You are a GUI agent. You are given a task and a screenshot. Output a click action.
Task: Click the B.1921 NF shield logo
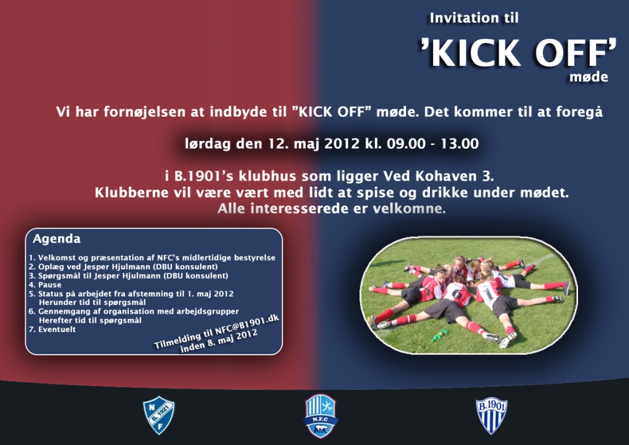click(x=159, y=415)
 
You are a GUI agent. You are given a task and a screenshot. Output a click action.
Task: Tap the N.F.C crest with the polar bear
click(x=321, y=415)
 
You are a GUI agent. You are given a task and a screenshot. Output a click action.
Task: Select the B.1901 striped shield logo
click(x=491, y=415)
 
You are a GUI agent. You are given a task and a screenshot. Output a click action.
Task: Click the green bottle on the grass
click(x=439, y=334)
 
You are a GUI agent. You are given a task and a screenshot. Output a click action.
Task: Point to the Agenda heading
click(x=57, y=238)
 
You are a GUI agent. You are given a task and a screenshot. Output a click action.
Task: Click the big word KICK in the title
click(x=475, y=53)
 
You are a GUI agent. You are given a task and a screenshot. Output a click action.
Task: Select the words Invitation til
click(x=474, y=18)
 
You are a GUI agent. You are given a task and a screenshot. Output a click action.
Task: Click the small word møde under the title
click(x=588, y=77)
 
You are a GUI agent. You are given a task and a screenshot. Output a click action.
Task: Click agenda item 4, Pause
click(x=45, y=285)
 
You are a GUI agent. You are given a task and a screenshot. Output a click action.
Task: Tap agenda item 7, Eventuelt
click(x=52, y=329)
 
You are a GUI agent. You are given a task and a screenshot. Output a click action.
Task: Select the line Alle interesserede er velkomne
click(x=332, y=208)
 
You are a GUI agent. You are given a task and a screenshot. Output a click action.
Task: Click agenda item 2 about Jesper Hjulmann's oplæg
click(x=123, y=267)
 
